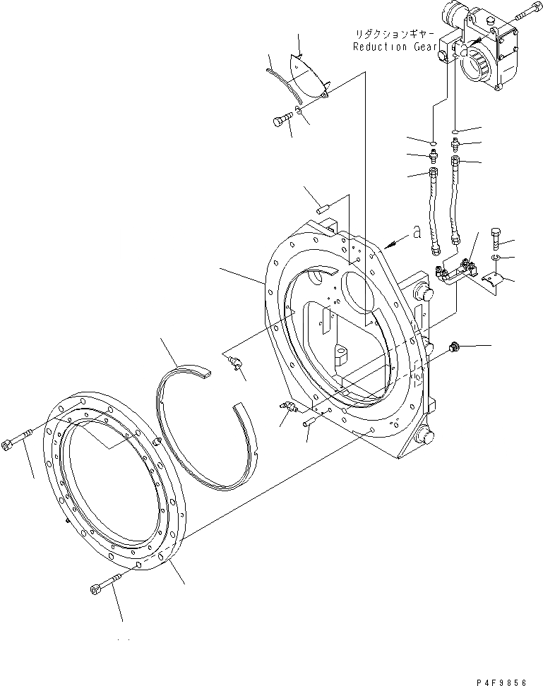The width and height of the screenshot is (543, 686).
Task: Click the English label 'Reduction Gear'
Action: [x=390, y=47]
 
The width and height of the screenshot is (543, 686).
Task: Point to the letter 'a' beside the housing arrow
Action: [x=417, y=234]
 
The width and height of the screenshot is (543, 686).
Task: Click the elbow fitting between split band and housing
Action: [x=235, y=363]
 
